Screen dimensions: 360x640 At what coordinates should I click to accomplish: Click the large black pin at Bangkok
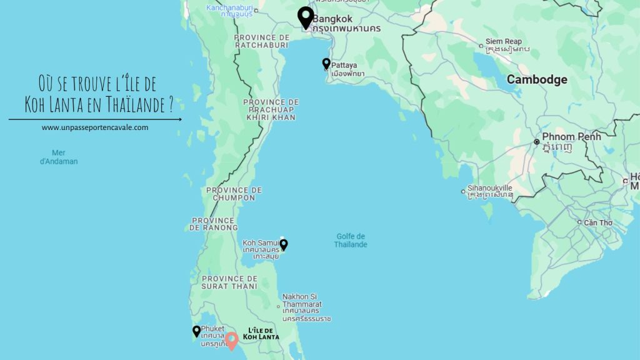pyautogui.click(x=305, y=17)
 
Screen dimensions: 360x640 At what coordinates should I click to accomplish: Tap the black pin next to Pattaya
pyautogui.click(x=326, y=64)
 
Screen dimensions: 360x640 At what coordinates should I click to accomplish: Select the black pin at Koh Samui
pyautogui.click(x=284, y=244)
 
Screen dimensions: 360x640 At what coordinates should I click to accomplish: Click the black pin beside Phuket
pyautogui.click(x=196, y=331)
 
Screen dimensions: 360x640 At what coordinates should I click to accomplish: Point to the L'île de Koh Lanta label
pyautogui.click(x=261, y=333)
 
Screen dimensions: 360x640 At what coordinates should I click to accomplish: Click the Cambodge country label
pyautogui.click(x=536, y=79)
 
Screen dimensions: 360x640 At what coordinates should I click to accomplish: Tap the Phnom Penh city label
pyautogui.click(x=572, y=137)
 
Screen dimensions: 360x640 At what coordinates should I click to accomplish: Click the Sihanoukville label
pyautogui.click(x=490, y=187)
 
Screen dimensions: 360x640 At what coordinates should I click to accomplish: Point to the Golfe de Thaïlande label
pyautogui.click(x=351, y=240)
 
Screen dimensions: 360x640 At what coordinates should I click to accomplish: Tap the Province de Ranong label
pyautogui.click(x=213, y=224)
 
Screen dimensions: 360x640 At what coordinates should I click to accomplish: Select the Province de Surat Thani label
pyautogui.click(x=229, y=282)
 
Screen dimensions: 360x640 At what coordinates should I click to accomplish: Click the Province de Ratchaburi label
pyautogui.click(x=261, y=41)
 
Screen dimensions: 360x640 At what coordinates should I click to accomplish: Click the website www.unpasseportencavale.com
pyautogui.click(x=95, y=127)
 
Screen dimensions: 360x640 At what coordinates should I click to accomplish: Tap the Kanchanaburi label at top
pyautogui.click(x=229, y=8)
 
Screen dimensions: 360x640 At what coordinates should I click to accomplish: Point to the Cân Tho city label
pyautogui.click(x=598, y=222)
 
